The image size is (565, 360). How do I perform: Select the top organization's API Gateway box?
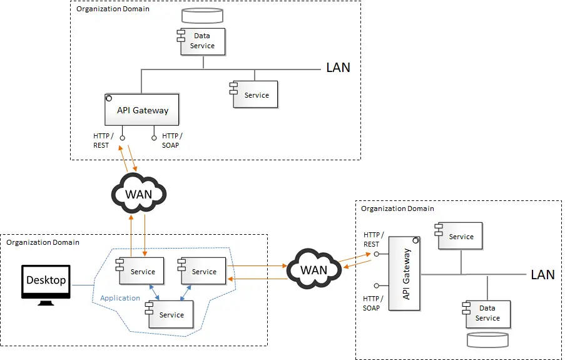pyautogui.click(x=143, y=110)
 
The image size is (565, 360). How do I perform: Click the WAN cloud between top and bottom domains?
pyautogui.click(x=138, y=192)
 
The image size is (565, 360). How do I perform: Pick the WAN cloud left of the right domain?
pyautogui.click(x=313, y=269)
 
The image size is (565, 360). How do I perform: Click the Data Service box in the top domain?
pyautogui.click(x=203, y=41)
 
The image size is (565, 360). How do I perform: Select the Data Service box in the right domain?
pyautogui.click(x=487, y=313)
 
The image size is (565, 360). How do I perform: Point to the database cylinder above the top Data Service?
pyautogui.click(x=202, y=15)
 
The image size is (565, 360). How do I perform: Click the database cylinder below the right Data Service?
pyautogui.click(x=487, y=339)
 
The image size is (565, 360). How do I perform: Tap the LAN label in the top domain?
pyautogui.click(x=338, y=68)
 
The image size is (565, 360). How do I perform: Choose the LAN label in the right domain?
pyautogui.click(x=542, y=274)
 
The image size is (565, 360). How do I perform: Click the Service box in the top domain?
pyautogui.click(x=256, y=95)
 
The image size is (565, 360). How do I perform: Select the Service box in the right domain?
pyautogui.click(x=461, y=236)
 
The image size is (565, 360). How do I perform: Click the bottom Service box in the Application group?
pyautogui.click(x=171, y=314)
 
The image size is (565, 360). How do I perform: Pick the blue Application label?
pyautogui.click(x=120, y=298)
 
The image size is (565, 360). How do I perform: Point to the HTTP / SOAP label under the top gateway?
pyautogui.click(x=171, y=141)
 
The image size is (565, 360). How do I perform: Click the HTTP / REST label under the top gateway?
pyautogui.click(x=101, y=141)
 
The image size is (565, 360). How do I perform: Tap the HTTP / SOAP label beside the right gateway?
pyautogui.click(x=372, y=303)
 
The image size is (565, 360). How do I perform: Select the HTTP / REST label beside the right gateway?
pyautogui.click(x=372, y=240)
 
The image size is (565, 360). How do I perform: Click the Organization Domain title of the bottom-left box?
pyautogui.click(x=43, y=242)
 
